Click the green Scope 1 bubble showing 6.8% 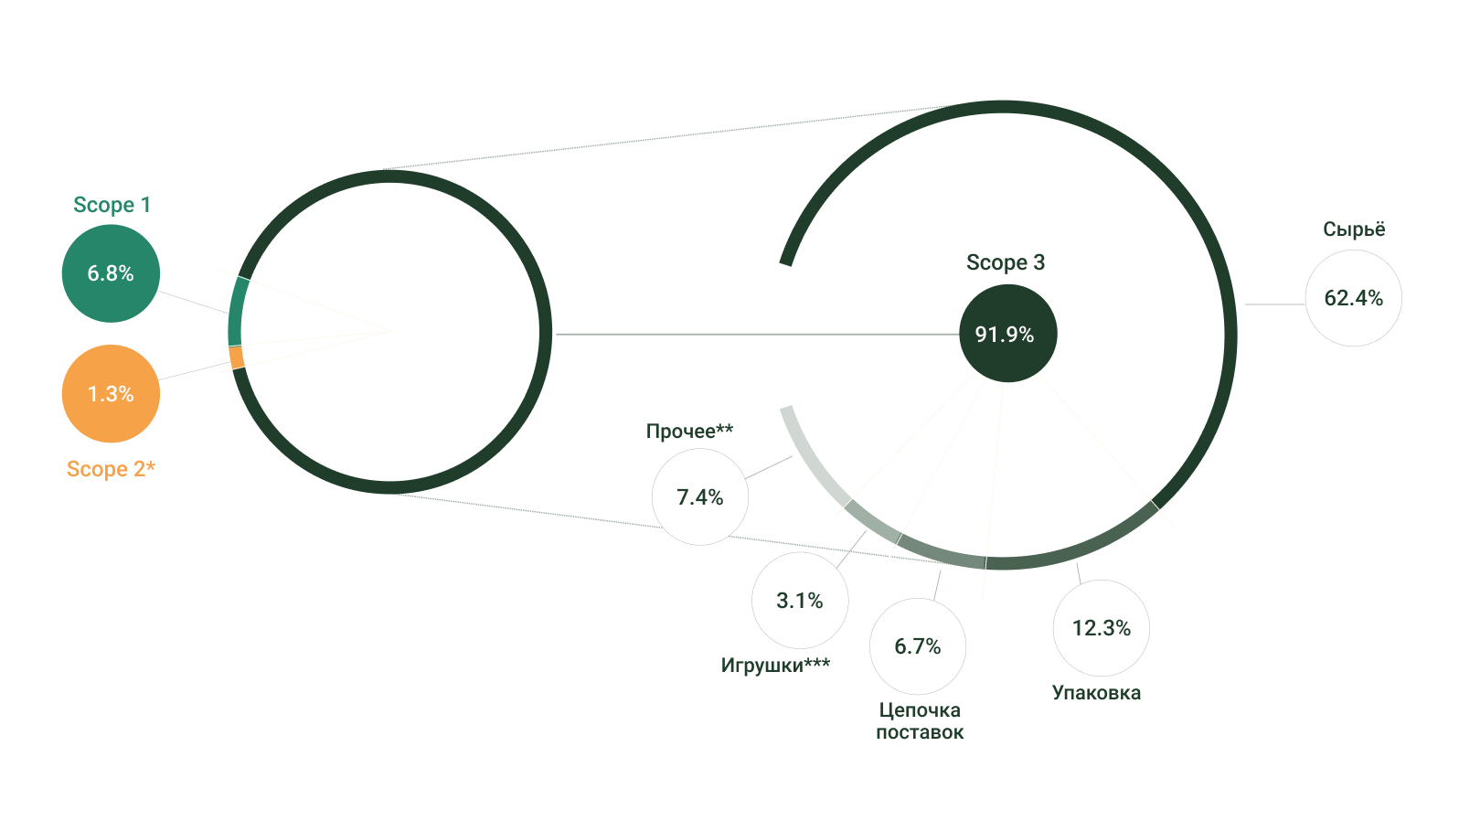tap(111, 273)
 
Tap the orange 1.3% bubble tap(111, 393)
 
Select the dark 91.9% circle tap(1007, 334)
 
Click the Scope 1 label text tap(112, 205)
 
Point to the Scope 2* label tap(112, 468)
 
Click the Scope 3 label tap(1006, 262)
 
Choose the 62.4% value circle tap(1354, 298)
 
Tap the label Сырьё tap(1354, 229)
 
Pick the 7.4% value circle tap(700, 497)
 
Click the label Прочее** tap(690, 431)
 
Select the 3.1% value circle tap(800, 600)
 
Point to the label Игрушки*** tap(776, 665)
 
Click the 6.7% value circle tap(918, 646)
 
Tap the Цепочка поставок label tap(920, 720)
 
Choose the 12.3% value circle tap(1102, 628)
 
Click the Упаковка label tap(1096, 692)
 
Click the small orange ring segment tap(237, 357)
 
